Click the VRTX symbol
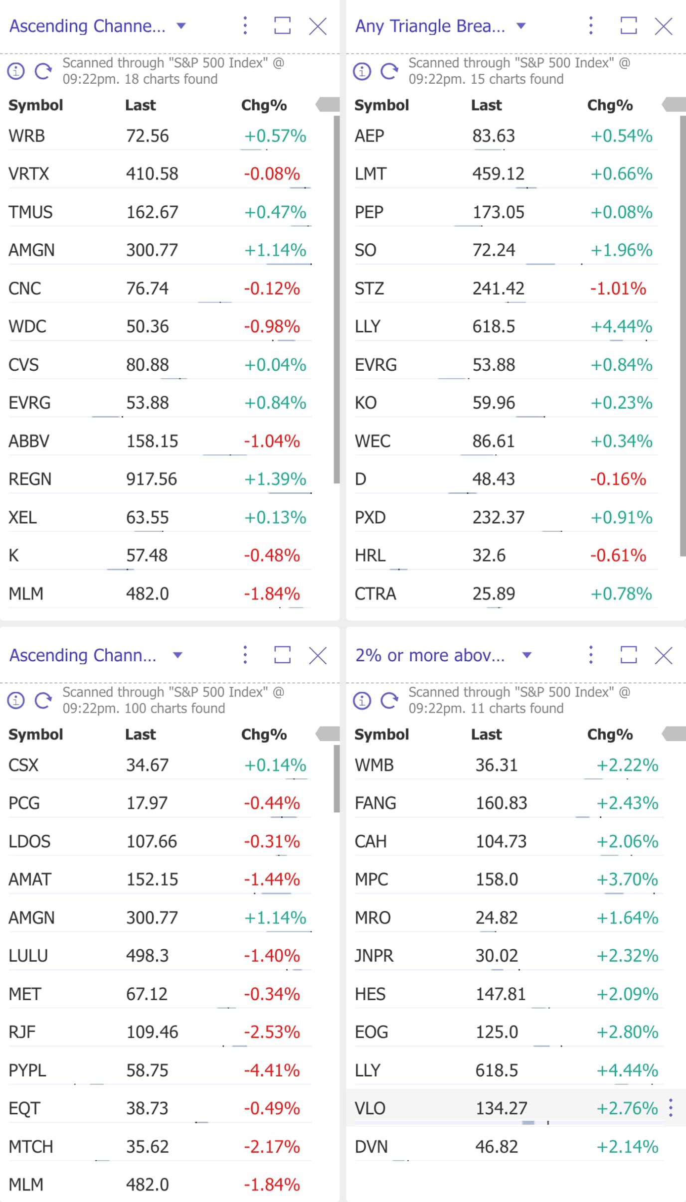pos(29,174)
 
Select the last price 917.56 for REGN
pos(152,479)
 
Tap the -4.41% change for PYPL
pos(272,1070)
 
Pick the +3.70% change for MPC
pos(627,879)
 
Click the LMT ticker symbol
pos(370,174)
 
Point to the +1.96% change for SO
pos(621,250)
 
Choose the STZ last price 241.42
pos(499,289)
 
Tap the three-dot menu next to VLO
pos(671,1108)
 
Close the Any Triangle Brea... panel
pos(664,26)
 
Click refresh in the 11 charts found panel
pos(389,700)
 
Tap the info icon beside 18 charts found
pos(16,71)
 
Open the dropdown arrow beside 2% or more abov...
pos(527,655)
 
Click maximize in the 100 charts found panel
pos(282,655)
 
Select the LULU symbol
pos(28,956)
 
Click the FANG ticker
pos(375,803)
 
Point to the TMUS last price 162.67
pos(152,212)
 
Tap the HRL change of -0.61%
pos(618,556)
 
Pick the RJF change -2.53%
pos(272,1032)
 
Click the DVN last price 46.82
pos(497,1147)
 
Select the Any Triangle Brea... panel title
pos(430,26)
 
